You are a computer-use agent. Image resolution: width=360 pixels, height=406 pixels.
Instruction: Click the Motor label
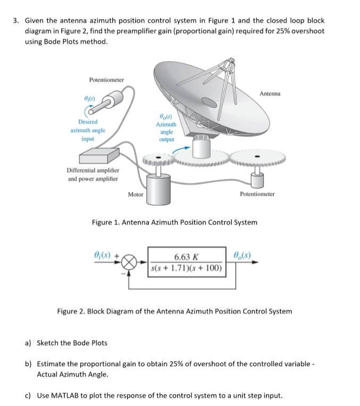[x=136, y=195]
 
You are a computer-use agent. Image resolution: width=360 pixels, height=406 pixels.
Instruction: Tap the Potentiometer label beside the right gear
[x=257, y=195]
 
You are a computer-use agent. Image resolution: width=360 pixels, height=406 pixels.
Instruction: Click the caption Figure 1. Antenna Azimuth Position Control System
[x=174, y=222]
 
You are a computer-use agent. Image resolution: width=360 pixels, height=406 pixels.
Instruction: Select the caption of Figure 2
[x=174, y=311]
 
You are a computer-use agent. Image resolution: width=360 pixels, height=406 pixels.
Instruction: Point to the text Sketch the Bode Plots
[x=72, y=343]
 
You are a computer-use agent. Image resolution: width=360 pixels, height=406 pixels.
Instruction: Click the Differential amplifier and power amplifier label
[x=94, y=174]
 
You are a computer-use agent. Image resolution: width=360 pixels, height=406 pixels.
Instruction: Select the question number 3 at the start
[x=17, y=21]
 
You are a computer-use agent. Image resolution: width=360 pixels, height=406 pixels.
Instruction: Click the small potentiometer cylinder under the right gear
[x=257, y=180]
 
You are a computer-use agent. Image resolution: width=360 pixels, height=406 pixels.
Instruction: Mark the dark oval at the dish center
[x=210, y=102]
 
